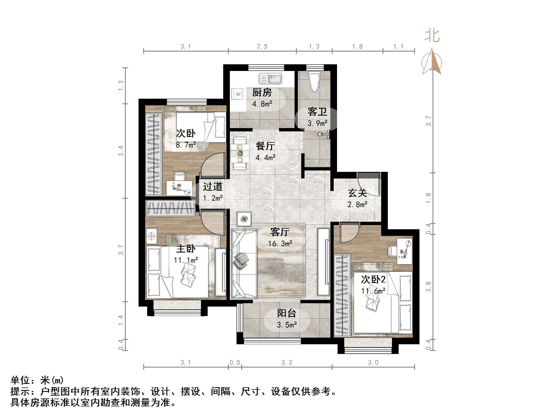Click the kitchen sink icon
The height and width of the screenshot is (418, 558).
click(x=270, y=79)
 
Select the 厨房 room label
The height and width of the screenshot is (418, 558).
click(x=262, y=93)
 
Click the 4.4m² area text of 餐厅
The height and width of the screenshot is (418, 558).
click(x=265, y=158)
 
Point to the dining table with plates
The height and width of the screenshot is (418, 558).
click(x=240, y=153)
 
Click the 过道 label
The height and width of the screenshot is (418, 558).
click(x=213, y=187)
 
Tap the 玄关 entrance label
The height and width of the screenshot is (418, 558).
click(x=357, y=193)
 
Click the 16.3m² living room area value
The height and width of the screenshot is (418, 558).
click(x=280, y=244)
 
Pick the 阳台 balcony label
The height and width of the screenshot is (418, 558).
click(x=286, y=313)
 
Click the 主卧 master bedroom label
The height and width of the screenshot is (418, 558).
click(x=186, y=249)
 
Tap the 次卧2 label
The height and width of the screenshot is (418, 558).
click(x=373, y=279)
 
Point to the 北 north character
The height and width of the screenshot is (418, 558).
click(x=432, y=36)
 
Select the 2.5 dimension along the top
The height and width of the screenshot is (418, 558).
click(x=262, y=47)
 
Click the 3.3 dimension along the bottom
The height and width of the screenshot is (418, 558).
click(x=286, y=363)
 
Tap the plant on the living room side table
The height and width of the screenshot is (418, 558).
click(x=244, y=219)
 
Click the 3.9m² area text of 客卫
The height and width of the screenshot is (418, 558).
click(x=317, y=123)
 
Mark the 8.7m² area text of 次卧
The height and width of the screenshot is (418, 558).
click(x=186, y=145)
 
